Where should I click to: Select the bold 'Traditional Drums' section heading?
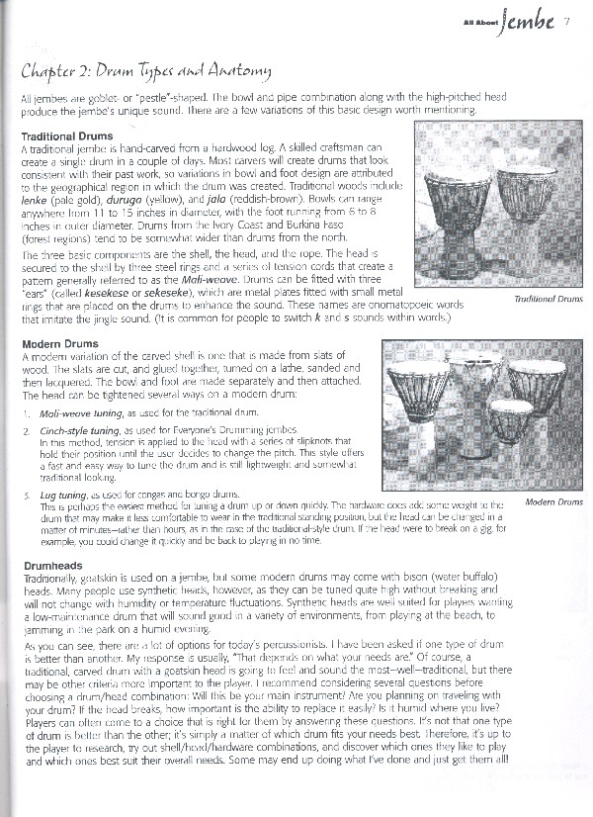point(66,135)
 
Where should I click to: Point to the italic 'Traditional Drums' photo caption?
point(548,298)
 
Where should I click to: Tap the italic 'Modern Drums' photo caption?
point(553,502)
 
